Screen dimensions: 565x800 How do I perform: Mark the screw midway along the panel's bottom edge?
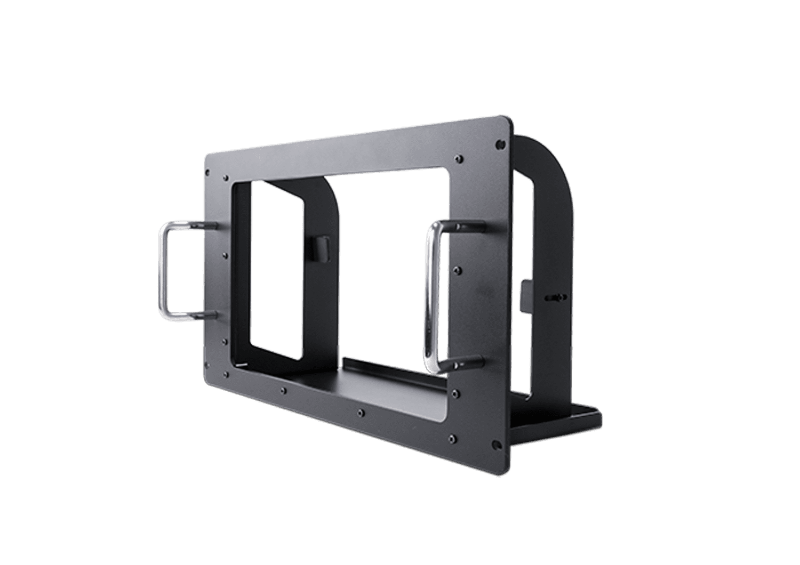pos(361,413)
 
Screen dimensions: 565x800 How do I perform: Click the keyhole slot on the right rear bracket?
pos(557,298)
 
